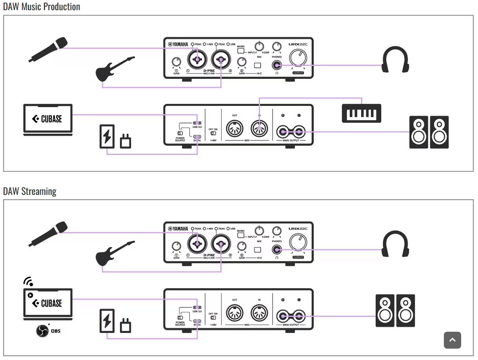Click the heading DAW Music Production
(42, 7)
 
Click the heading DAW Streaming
(30, 191)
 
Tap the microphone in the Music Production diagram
(48, 49)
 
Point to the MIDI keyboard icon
(362, 113)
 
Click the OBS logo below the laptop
(42, 331)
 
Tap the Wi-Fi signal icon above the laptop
(28, 282)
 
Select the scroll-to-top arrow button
(452, 340)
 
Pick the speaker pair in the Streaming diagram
(395, 311)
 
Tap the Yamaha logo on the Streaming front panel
(178, 228)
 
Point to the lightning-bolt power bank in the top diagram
(107, 136)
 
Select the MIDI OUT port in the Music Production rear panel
(234, 129)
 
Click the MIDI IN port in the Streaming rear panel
(259, 314)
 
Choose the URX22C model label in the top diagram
(298, 44)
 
